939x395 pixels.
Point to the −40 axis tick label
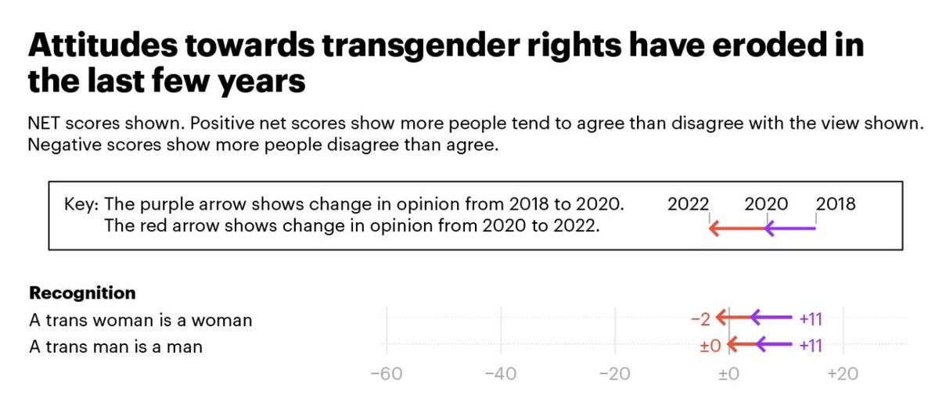point(500,374)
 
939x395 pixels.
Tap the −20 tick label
point(614,374)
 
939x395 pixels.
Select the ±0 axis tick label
point(729,374)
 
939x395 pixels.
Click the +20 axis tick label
point(843,374)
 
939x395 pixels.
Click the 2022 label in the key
point(689,205)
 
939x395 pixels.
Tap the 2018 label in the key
point(836,205)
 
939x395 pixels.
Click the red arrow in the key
point(736,229)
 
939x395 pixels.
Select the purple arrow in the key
point(790,229)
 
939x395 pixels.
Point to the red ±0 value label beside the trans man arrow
point(707,345)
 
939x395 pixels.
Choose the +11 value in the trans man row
point(810,345)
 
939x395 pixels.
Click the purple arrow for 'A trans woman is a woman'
point(771,318)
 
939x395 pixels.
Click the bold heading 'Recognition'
point(82,293)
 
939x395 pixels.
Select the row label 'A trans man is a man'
point(116,346)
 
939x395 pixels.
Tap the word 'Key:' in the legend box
point(81,205)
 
